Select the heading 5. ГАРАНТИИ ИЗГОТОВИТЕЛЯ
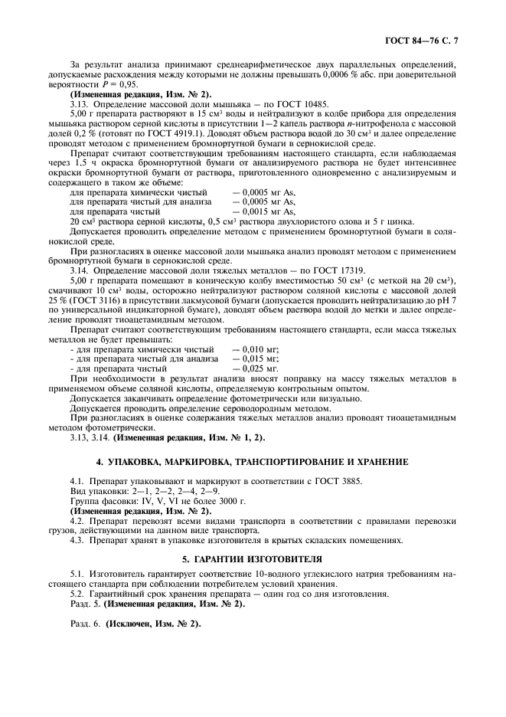[253, 558]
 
